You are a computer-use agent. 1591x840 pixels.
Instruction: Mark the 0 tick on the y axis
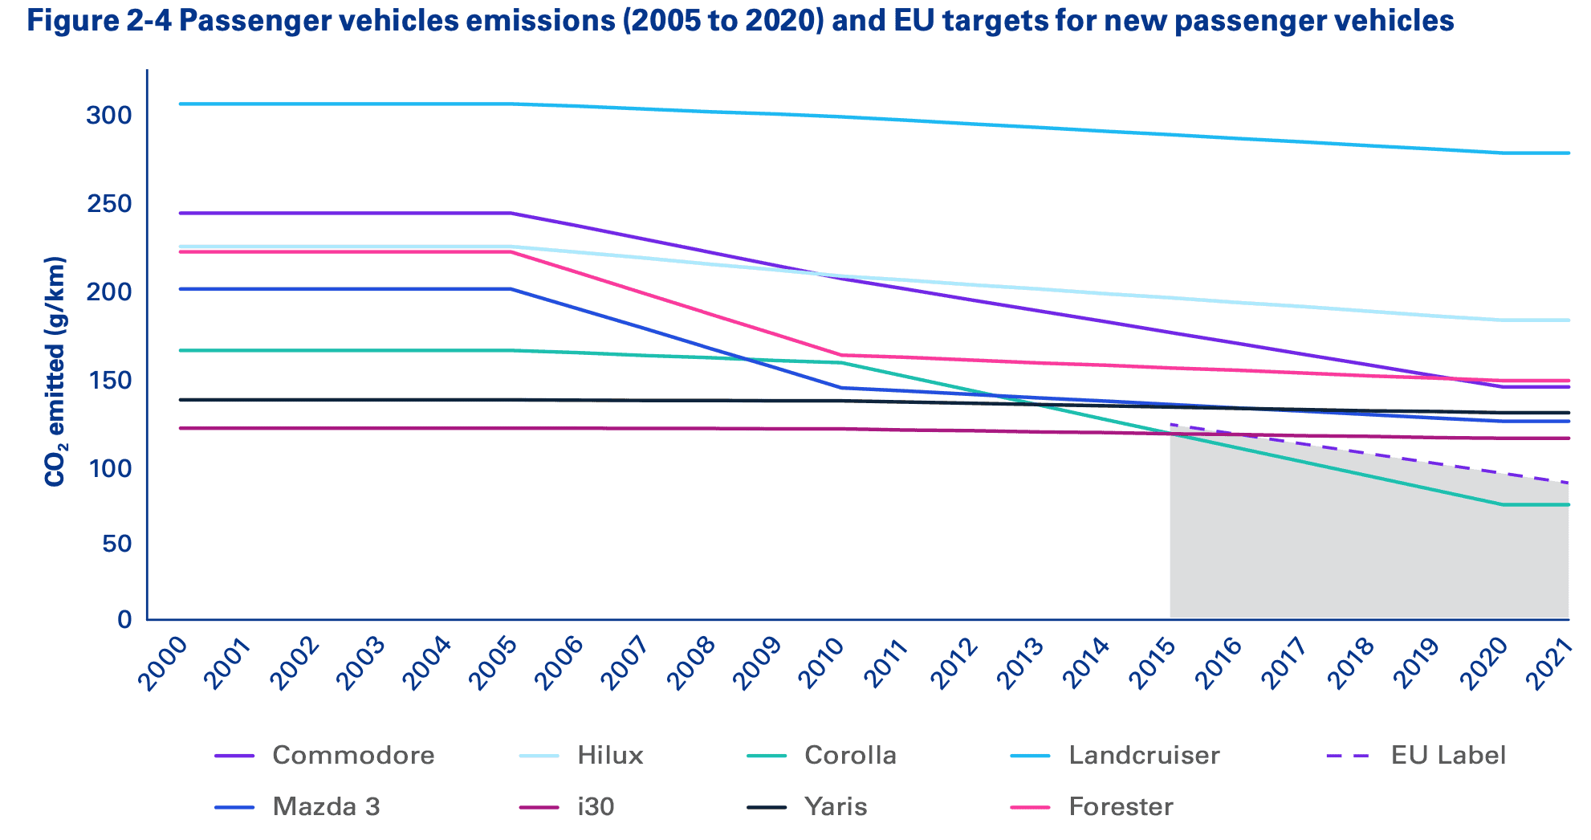pos(124,619)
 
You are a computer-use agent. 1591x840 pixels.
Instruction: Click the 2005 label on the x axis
pos(491,666)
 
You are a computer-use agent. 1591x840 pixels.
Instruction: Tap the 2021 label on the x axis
pos(1549,666)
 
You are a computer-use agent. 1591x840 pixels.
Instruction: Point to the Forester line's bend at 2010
pos(841,355)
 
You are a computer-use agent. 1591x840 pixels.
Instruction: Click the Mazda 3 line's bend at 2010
pos(841,388)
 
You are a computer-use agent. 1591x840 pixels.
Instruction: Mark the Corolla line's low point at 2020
pos(1502,504)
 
